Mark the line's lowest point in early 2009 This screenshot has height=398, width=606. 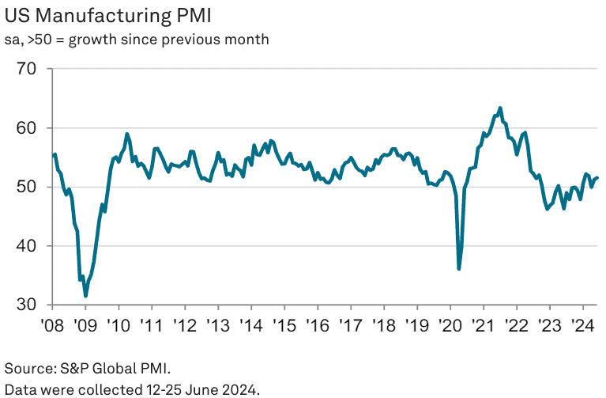[85, 296]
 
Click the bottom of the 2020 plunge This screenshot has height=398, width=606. [459, 269]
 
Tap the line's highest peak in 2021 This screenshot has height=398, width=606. [500, 108]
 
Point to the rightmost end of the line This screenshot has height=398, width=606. [597, 178]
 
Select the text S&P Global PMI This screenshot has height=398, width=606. [117, 369]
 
